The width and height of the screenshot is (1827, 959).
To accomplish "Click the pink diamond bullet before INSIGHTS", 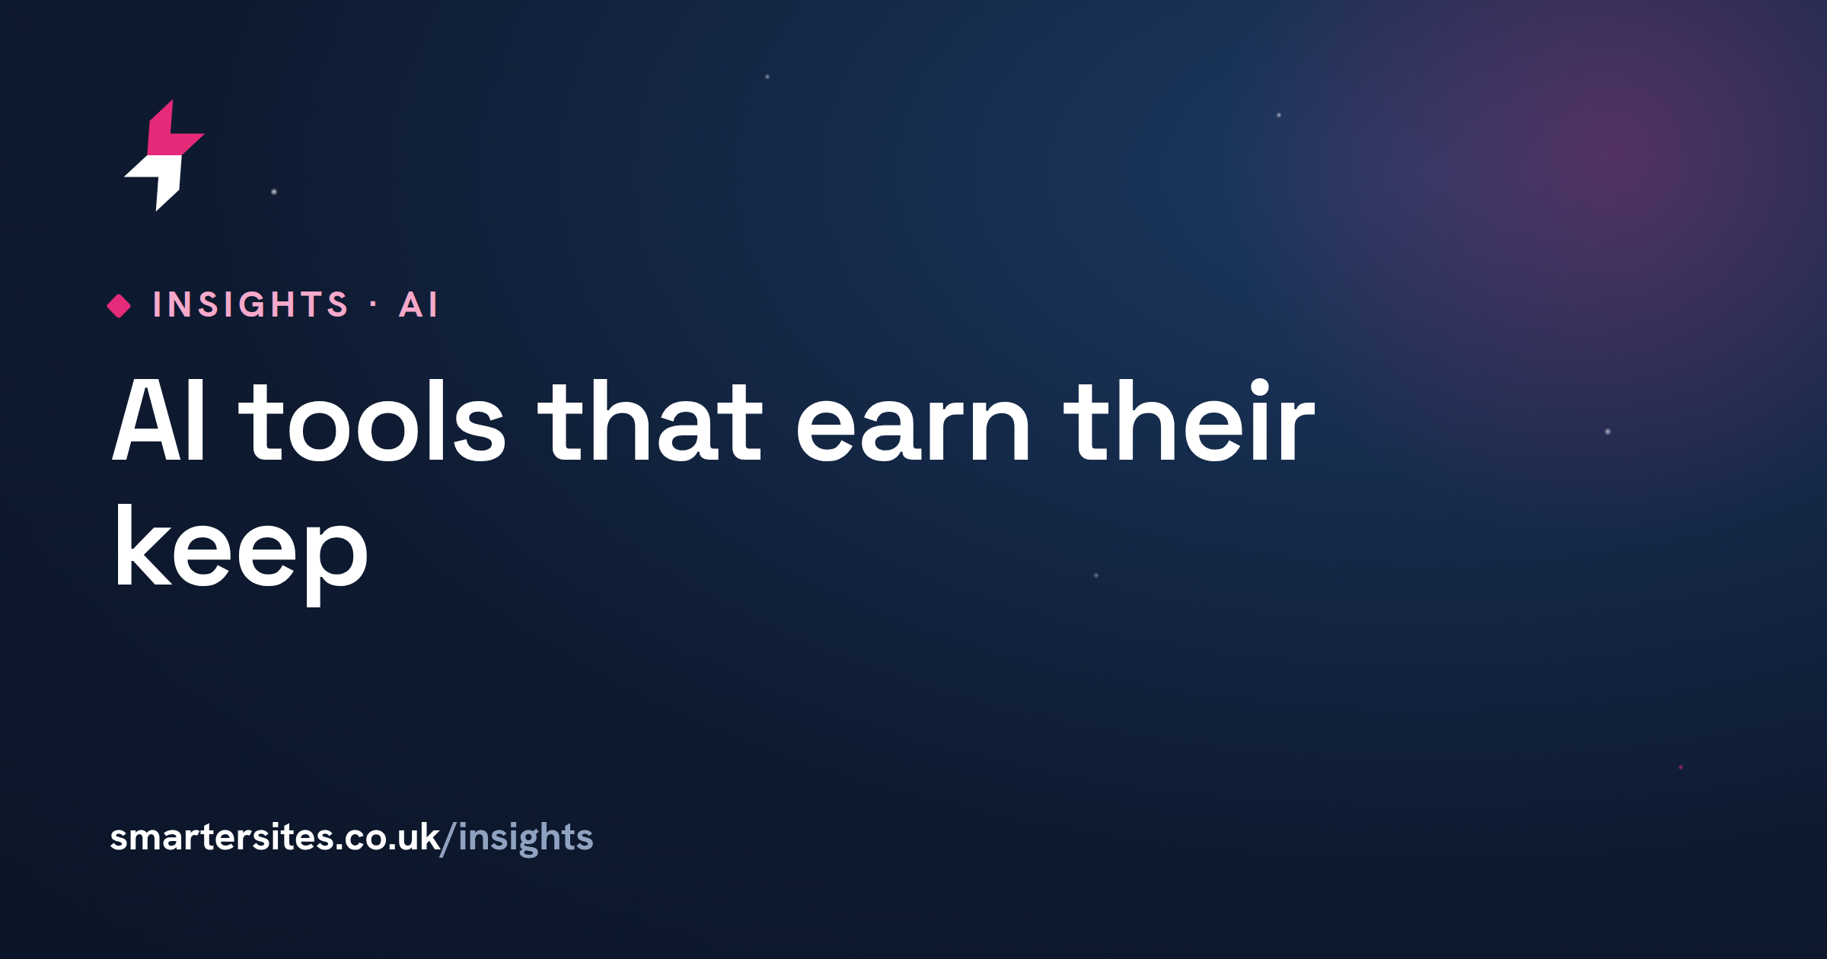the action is click(x=119, y=306).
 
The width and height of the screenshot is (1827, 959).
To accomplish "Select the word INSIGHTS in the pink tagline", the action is click(x=250, y=305).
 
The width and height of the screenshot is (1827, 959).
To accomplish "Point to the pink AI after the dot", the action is click(x=419, y=305).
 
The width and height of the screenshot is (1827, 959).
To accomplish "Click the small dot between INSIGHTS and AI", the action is click(x=373, y=305).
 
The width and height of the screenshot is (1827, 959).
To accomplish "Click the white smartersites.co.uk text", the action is click(x=275, y=837).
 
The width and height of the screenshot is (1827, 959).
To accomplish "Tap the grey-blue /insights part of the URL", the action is click(x=517, y=839).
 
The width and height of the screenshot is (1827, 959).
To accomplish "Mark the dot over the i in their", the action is click(x=1260, y=388).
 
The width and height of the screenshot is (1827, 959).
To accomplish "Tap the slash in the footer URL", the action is click(x=449, y=839).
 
